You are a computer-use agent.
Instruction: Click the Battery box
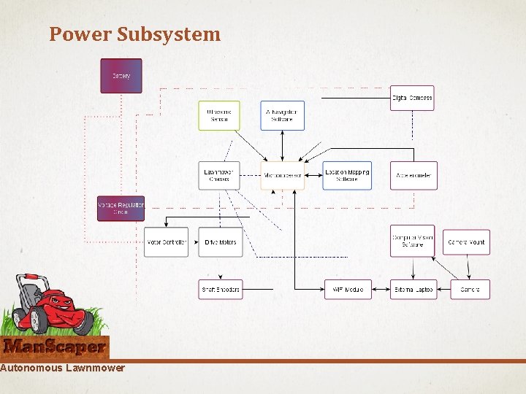pos(121,76)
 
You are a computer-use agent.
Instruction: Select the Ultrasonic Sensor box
pos(219,115)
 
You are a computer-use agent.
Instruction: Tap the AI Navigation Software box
pos(283,115)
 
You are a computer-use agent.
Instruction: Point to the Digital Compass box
pos(412,98)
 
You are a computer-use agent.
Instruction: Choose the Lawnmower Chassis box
pos(219,176)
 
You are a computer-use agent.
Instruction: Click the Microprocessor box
pos(283,176)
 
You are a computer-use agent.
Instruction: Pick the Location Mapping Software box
pos(347,176)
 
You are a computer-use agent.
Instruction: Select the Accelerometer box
pos(413,176)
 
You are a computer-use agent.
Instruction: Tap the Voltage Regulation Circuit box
pos(121,208)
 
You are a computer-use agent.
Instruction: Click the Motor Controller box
pos(166,242)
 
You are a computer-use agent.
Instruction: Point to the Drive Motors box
pos(219,242)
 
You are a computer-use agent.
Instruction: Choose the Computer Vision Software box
pos(413,241)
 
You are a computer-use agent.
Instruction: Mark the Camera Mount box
pos(466,242)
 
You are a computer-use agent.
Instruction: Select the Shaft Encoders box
pos(220,290)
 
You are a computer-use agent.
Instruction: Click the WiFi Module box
pos(348,290)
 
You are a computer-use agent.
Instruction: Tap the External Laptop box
pos(413,290)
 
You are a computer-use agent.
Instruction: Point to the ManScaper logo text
pos(55,347)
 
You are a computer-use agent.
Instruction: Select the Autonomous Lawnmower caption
pos(62,368)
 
